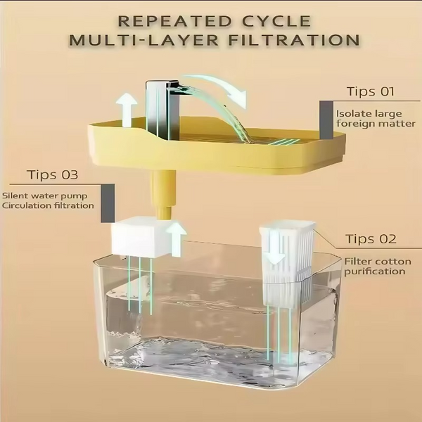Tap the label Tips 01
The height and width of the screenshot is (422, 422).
(x=370, y=91)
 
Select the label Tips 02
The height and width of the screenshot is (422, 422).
(x=370, y=238)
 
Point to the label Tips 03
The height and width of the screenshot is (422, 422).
(x=53, y=174)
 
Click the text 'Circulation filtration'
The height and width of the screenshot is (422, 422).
(x=48, y=205)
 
